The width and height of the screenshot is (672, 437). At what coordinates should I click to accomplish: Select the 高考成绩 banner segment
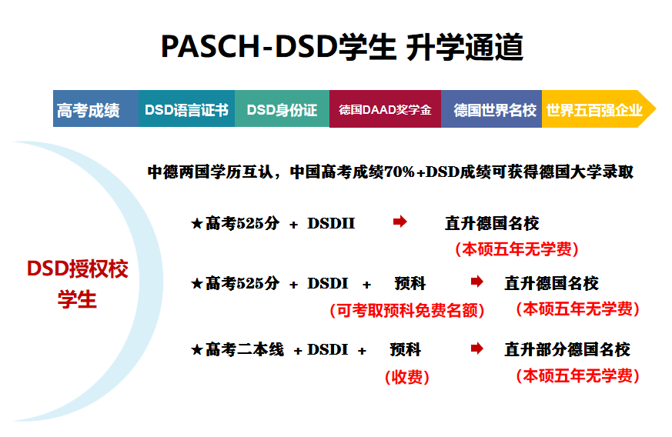pos(89,110)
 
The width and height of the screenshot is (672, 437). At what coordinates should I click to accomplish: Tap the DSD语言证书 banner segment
pos(186,110)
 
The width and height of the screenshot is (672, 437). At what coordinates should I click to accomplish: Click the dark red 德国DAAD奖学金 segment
pos(385,110)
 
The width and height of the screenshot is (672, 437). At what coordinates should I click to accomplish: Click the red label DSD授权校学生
pos(78,284)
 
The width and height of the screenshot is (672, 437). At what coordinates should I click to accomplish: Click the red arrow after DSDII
pos(400,222)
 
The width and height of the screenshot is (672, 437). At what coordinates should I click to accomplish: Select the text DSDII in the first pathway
pos(331,224)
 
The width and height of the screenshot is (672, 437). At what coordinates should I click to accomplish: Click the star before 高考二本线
pos(196,351)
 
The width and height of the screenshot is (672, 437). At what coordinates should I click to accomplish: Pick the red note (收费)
pos(406,377)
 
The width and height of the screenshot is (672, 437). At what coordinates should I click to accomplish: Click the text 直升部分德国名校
pos(567,350)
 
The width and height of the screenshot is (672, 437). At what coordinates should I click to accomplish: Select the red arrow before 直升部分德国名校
pos(477,349)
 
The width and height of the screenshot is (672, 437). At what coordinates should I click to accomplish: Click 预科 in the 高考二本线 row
pos(406,350)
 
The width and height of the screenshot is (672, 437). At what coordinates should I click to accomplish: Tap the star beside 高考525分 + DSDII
pos(196,224)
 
